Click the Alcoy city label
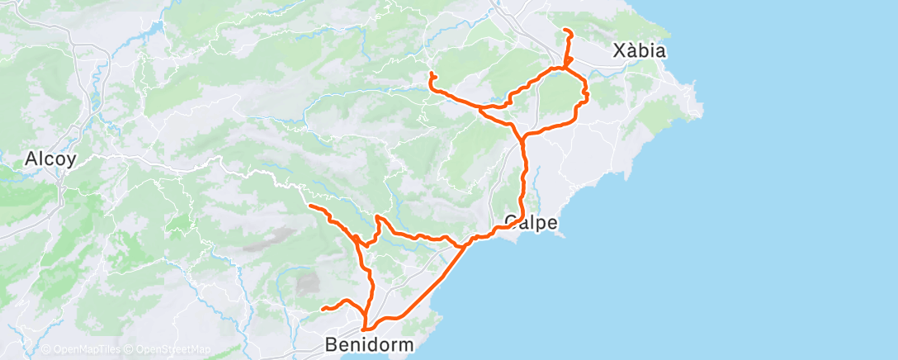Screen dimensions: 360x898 point(51,159)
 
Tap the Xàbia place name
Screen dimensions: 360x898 point(640,51)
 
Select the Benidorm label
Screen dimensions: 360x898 point(369,343)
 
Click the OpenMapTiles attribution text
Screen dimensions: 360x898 point(85,350)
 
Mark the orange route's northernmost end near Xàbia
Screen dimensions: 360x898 point(565,31)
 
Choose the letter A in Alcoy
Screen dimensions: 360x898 point(32,159)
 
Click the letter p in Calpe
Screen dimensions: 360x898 point(536,224)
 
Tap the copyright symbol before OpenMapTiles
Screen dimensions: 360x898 point(45,350)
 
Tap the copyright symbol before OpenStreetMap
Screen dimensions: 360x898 point(129,350)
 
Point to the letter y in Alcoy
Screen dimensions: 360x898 point(73,160)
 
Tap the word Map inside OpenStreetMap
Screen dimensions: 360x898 point(200,350)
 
